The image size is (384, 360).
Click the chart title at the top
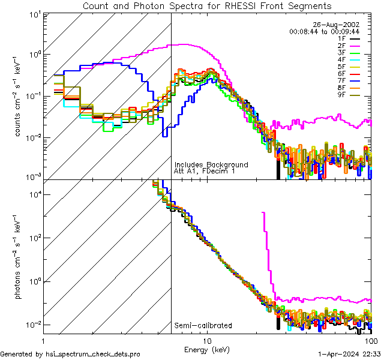point(207,6)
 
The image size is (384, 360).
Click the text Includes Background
point(211,164)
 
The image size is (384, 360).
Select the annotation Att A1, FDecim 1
point(204,172)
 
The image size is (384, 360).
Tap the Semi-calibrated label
point(203,326)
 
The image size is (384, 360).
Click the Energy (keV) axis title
point(206,349)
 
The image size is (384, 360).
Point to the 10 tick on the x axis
point(208,341)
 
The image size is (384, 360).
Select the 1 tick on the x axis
point(46,341)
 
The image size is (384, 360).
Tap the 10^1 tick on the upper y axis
point(35,13)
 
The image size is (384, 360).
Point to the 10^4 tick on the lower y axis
point(35,194)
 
